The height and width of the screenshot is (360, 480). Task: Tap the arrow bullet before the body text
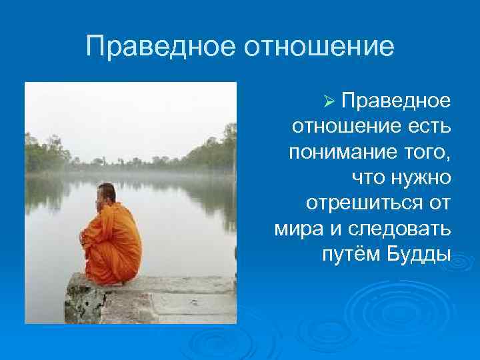pos(327,101)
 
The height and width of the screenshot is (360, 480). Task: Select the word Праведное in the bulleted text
pos(396,101)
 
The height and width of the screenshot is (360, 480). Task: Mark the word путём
pos(351,254)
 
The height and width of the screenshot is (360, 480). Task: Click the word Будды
pos(418,254)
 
